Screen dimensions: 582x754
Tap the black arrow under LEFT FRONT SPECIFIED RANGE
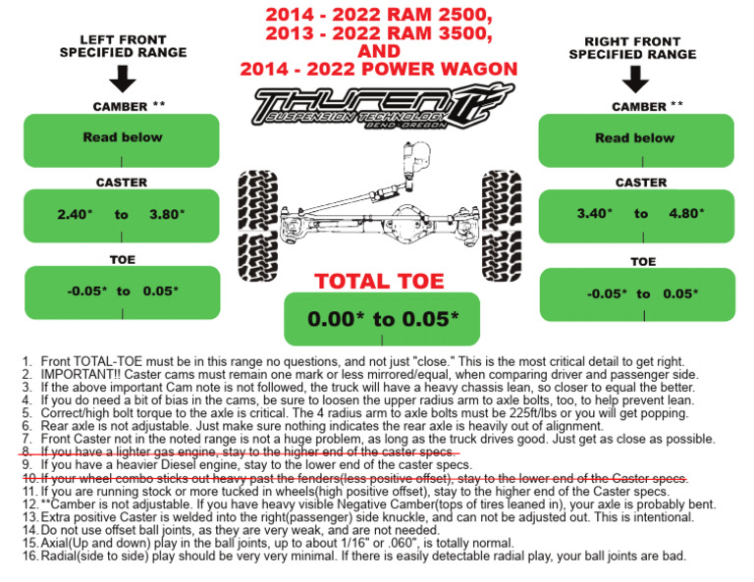pos(122,79)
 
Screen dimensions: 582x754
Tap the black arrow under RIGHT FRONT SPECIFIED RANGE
pos(634,79)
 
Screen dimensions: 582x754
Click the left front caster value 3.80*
pos(166,213)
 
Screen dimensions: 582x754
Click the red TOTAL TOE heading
pos(379,282)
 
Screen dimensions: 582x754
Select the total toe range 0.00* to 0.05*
pos(383,319)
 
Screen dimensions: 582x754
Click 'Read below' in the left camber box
pos(122,137)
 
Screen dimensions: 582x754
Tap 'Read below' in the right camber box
pos(634,137)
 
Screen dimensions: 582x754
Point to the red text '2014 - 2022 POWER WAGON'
pos(379,70)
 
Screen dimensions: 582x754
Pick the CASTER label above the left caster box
pos(122,183)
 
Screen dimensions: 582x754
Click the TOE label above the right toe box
pos(643,262)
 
